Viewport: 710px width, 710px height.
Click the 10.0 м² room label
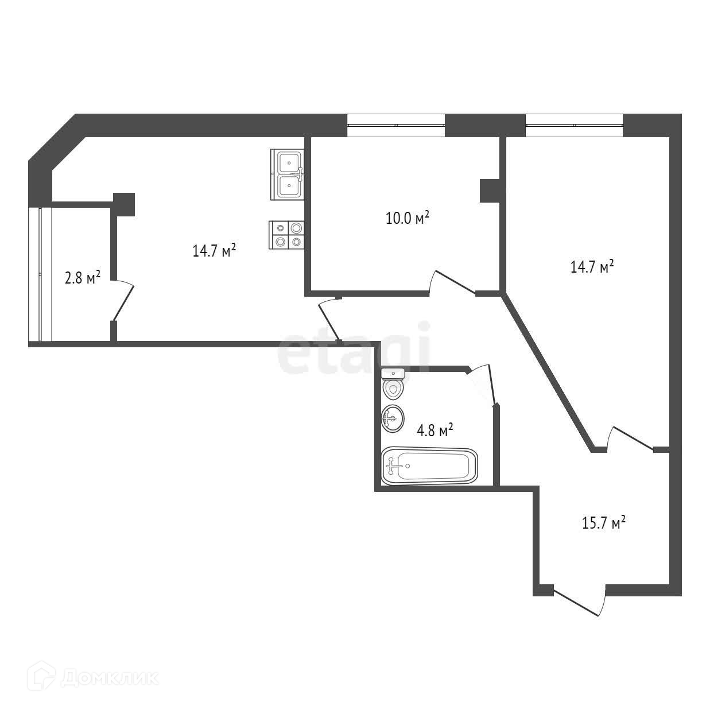407,218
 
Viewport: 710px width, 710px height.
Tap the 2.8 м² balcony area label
82,278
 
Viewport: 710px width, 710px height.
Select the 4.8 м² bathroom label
435,430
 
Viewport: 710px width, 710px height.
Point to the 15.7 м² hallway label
603,523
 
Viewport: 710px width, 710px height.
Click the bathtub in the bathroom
429,465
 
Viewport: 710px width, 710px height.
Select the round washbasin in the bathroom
393,418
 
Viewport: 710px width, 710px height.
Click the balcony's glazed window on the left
40,274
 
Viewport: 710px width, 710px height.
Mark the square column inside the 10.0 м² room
490,191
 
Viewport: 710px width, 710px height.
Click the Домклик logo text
109,678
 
